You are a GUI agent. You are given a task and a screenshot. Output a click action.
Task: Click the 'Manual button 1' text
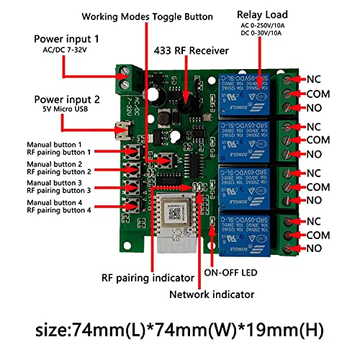(60, 144)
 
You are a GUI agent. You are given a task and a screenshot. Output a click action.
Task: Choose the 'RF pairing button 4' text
(60, 210)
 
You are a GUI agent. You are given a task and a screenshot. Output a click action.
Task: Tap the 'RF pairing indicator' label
(148, 277)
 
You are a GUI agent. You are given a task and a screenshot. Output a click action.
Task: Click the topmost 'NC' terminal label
(315, 79)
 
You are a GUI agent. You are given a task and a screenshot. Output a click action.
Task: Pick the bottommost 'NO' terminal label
(315, 249)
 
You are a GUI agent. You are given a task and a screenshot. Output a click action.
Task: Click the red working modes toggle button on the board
(170, 158)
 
